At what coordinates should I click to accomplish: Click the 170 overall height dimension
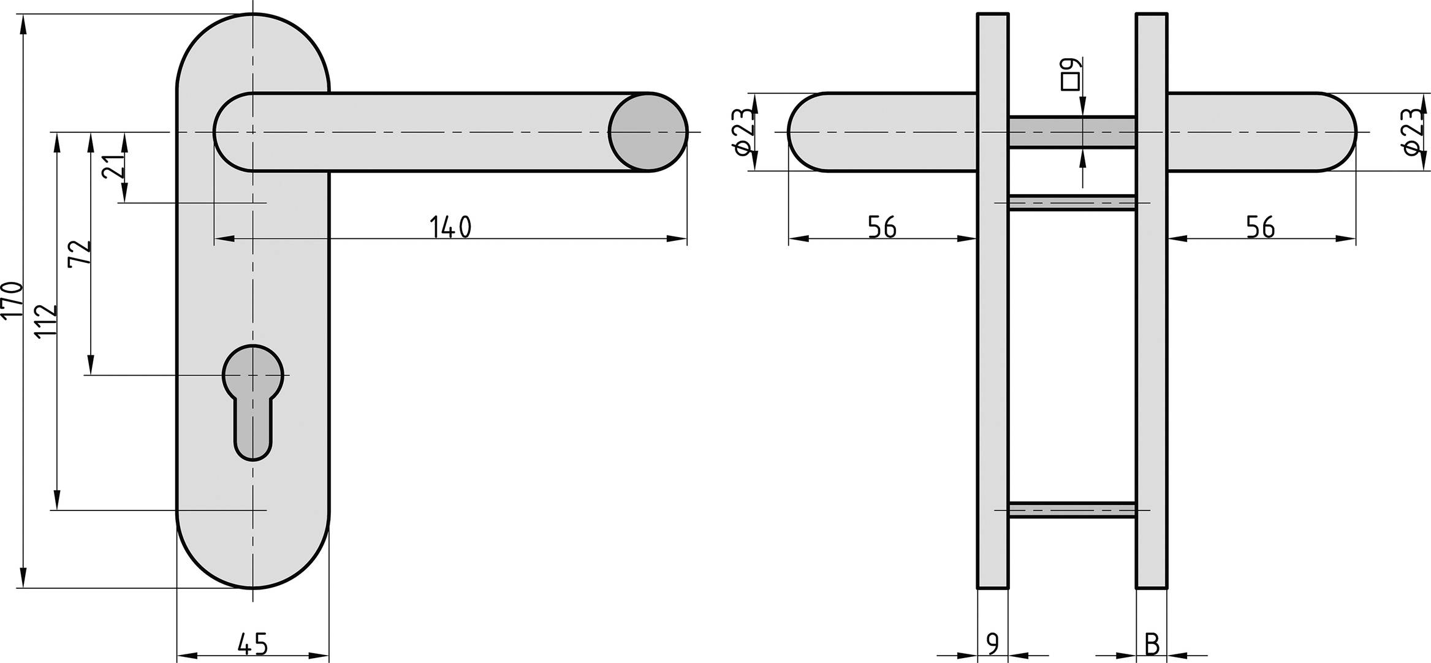(x=12, y=300)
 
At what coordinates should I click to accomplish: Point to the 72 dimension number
(x=80, y=252)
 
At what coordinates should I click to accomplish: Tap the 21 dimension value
(x=114, y=165)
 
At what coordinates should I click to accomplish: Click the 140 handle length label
(x=450, y=227)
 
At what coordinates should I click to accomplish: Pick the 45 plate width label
(x=252, y=644)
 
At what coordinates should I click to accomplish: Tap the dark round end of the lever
(x=648, y=132)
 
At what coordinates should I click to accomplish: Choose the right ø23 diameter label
(x=1413, y=132)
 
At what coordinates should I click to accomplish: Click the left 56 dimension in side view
(x=883, y=227)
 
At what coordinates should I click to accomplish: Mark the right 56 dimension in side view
(x=1261, y=227)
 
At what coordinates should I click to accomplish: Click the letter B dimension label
(x=1152, y=644)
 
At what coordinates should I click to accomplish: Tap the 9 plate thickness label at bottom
(x=993, y=644)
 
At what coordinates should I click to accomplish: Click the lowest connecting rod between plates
(x=1072, y=510)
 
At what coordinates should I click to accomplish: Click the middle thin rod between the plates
(x=1072, y=202)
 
